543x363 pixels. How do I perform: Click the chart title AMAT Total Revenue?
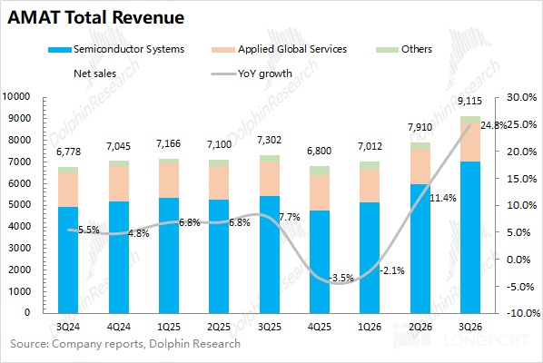96,17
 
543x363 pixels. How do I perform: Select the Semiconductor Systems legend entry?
116,49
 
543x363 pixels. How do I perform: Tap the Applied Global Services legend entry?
279,49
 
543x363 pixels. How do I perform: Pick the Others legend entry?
404,49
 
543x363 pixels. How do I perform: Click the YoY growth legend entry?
252,74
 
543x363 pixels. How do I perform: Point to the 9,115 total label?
470,101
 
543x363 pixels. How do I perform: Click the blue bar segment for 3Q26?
470,238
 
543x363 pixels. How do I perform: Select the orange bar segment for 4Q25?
320,192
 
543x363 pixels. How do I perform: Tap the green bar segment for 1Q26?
370,165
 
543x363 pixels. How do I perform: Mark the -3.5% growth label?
341,278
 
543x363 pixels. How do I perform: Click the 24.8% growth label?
493,125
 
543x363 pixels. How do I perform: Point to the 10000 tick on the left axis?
16,96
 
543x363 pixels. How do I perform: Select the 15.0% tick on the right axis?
522,179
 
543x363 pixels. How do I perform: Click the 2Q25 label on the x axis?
219,327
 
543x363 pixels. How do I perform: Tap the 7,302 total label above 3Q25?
269,140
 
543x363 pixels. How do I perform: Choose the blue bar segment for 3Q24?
68,260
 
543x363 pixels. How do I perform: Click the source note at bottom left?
125,344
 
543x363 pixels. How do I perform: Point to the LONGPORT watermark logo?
461,336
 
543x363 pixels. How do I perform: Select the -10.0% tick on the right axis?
523,313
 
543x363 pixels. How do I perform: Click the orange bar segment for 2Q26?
420,166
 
